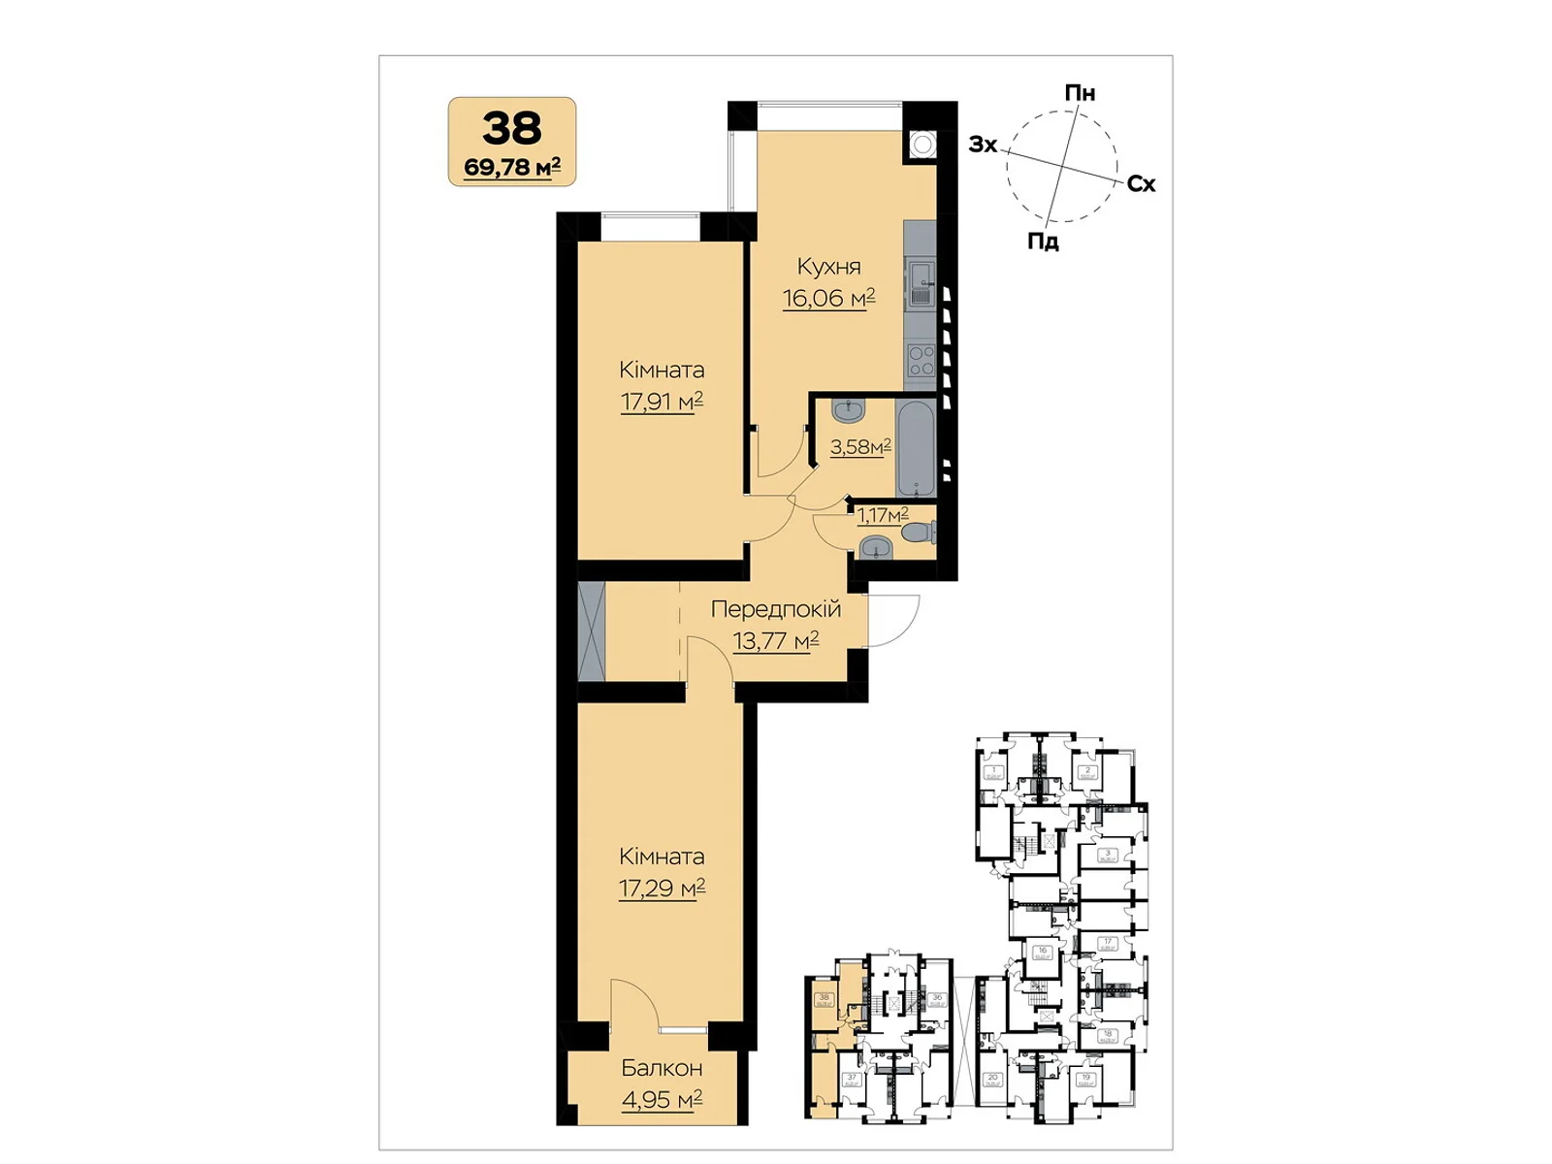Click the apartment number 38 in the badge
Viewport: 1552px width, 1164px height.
(x=512, y=128)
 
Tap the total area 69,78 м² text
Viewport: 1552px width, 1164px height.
(x=512, y=167)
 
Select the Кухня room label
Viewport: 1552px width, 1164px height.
(x=828, y=267)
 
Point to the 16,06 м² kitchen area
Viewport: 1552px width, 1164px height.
(x=828, y=298)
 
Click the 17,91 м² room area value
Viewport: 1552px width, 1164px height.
(x=662, y=401)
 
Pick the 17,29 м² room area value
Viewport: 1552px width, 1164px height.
(x=662, y=888)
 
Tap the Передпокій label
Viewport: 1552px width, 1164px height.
(x=775, y=609)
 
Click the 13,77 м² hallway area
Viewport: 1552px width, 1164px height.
(x=775, y=640)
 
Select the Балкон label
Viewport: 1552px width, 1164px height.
(x=662, y=1068)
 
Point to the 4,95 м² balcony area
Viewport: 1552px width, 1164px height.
(x=662, y=1100)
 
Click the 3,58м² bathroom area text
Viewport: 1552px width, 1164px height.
(x=860, y=447)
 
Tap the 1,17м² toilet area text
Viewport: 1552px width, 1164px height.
(x=882, y=515)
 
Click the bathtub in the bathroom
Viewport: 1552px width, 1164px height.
(x=917, y=447)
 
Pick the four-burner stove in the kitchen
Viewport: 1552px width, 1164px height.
(x=921, y=361)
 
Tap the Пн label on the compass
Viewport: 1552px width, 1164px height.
(x=1080, y=93)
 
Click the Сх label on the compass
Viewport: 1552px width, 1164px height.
(x=1141, y=184)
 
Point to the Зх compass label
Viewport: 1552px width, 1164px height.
(x=983, y=145)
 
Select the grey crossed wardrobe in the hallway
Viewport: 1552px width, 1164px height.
(x=591, y=631)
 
